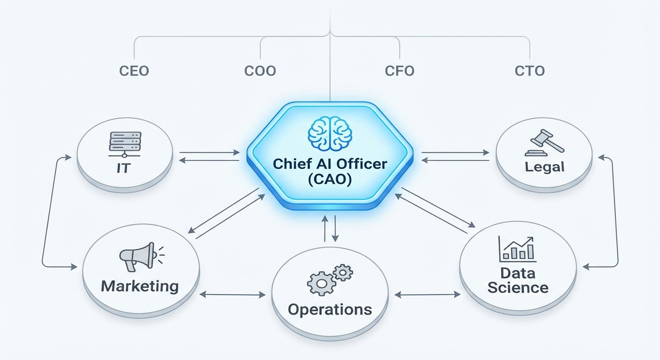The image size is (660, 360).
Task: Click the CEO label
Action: coord(134,71)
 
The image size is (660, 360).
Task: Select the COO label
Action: coord(260,71)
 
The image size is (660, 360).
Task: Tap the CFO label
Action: coord(399,71)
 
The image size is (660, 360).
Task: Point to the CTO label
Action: coord(530,71)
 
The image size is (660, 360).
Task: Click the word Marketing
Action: coord(140,286)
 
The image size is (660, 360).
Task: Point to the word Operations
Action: coord(330,309)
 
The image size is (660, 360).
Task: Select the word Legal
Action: coord(544,166)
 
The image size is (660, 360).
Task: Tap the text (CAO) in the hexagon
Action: coord(330,180)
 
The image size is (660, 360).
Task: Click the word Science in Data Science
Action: coord(517,287)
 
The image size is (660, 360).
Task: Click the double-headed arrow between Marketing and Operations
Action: coord(232,295)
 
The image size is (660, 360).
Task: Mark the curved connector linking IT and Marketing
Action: coord(43,211)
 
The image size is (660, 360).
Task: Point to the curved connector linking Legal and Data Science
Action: coord(617,211)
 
